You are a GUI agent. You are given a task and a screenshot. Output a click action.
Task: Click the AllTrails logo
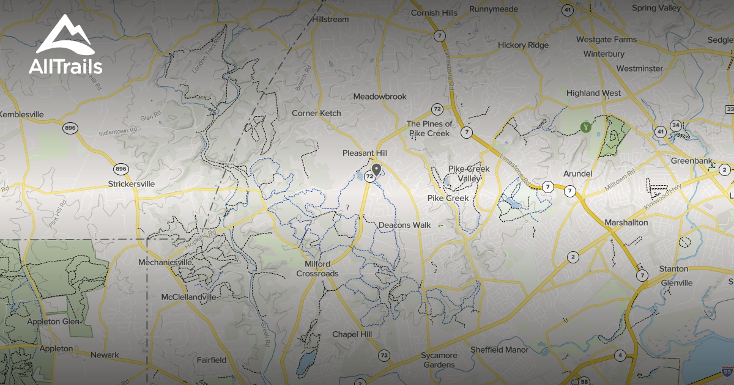(x=65, y=45)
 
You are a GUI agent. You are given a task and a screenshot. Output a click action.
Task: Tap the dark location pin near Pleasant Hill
(x=376, y=169)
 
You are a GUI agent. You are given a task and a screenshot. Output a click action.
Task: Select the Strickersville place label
(x=131, y=183)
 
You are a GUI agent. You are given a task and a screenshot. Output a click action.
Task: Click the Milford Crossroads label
(x=317, y=269)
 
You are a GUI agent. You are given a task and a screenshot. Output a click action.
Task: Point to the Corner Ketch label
(x=316, y=113)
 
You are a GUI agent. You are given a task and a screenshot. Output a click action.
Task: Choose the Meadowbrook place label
(x=380, y=97)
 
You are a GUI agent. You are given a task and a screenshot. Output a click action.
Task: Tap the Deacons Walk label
(x=404, y=225)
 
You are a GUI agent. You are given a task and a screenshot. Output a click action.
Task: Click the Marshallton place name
(x=626, y=222)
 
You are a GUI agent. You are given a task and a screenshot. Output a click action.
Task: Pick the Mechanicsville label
(x=165, y=262)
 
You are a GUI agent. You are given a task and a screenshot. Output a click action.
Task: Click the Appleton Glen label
(x=53, y=321)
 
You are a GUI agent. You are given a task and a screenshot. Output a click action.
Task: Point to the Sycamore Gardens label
(x=439, y=360)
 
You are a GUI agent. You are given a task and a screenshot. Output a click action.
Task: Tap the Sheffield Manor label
(x=499, y=350)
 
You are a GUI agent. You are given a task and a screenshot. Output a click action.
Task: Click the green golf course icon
(x=586, y=127)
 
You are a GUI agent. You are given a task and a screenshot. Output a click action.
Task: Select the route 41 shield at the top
(x=568, y=10)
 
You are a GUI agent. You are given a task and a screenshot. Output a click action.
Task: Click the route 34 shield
(x=675, y=125)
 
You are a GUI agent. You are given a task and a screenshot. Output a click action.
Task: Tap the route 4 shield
(x=620, y=355)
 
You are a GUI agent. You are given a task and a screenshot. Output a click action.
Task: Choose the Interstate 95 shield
(x=726, y=371)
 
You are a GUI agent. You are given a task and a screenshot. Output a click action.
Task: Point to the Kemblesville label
(x=22, y=114)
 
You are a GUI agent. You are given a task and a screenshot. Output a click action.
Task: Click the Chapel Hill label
(x=352, y=334)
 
